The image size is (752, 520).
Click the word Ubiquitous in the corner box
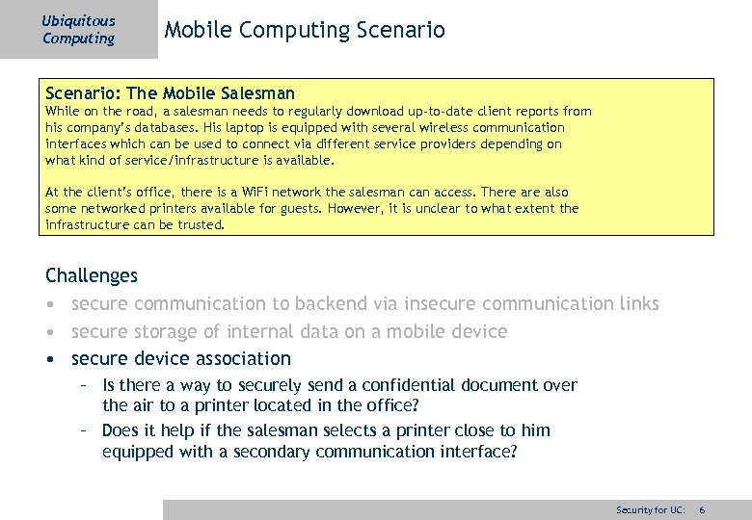tap(78, 21)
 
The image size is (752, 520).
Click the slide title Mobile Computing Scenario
tap(305, 30)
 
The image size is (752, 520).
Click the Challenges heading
tap(92, 275)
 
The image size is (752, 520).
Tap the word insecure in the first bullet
tap(439, 303)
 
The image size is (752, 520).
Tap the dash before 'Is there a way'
tap(85, 385)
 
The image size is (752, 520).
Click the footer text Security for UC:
tap(651, 508)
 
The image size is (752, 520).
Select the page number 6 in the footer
tap(703, 508)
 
